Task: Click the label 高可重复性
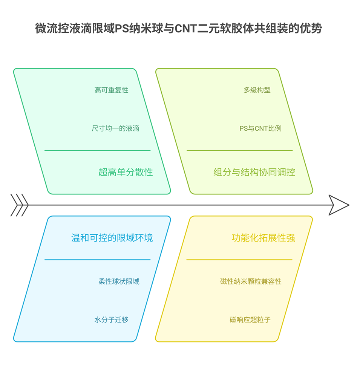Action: tap(111, 90)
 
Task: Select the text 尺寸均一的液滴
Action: tap(115, 128)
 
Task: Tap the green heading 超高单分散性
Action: tap(126, 172)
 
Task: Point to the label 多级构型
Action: tap(257, 90)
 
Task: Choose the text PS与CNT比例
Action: tap(260, 128)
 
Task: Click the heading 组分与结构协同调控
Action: tap(254, 172)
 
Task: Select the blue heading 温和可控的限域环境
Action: tap(112, 238)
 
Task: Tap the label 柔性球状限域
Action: tap(119, 281)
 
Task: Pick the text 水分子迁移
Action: tap(111, 320)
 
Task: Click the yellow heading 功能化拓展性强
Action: tap(263, 238)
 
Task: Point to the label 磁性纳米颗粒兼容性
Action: tap(251, 281)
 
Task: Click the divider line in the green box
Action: tap(97, 150)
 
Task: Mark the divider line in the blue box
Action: tap(97, 260)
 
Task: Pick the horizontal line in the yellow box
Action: tap(239, 260)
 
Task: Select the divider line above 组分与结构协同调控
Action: tap(239, 150)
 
